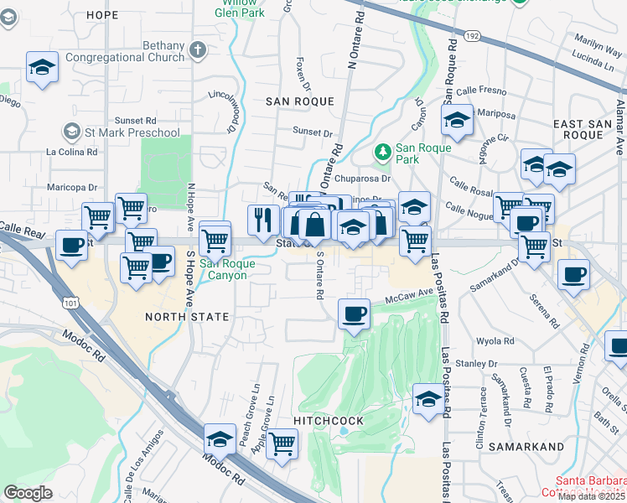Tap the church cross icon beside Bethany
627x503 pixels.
click(x=198, y=50)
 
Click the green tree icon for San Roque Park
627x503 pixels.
click(x=383, y=151)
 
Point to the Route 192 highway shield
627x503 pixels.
click(x=473, y=36)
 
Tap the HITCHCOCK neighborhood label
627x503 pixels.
click(x=329, y=420)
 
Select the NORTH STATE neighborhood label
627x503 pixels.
click(x=187, y=317)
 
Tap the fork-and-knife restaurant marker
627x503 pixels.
click(x=263, y=220)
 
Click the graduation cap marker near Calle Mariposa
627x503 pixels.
click(x=458, y=121)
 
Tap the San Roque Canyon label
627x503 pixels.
click(x=223, y=269)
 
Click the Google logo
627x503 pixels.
click(x=28, y=493)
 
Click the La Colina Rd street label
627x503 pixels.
click(x=72, y=153)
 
